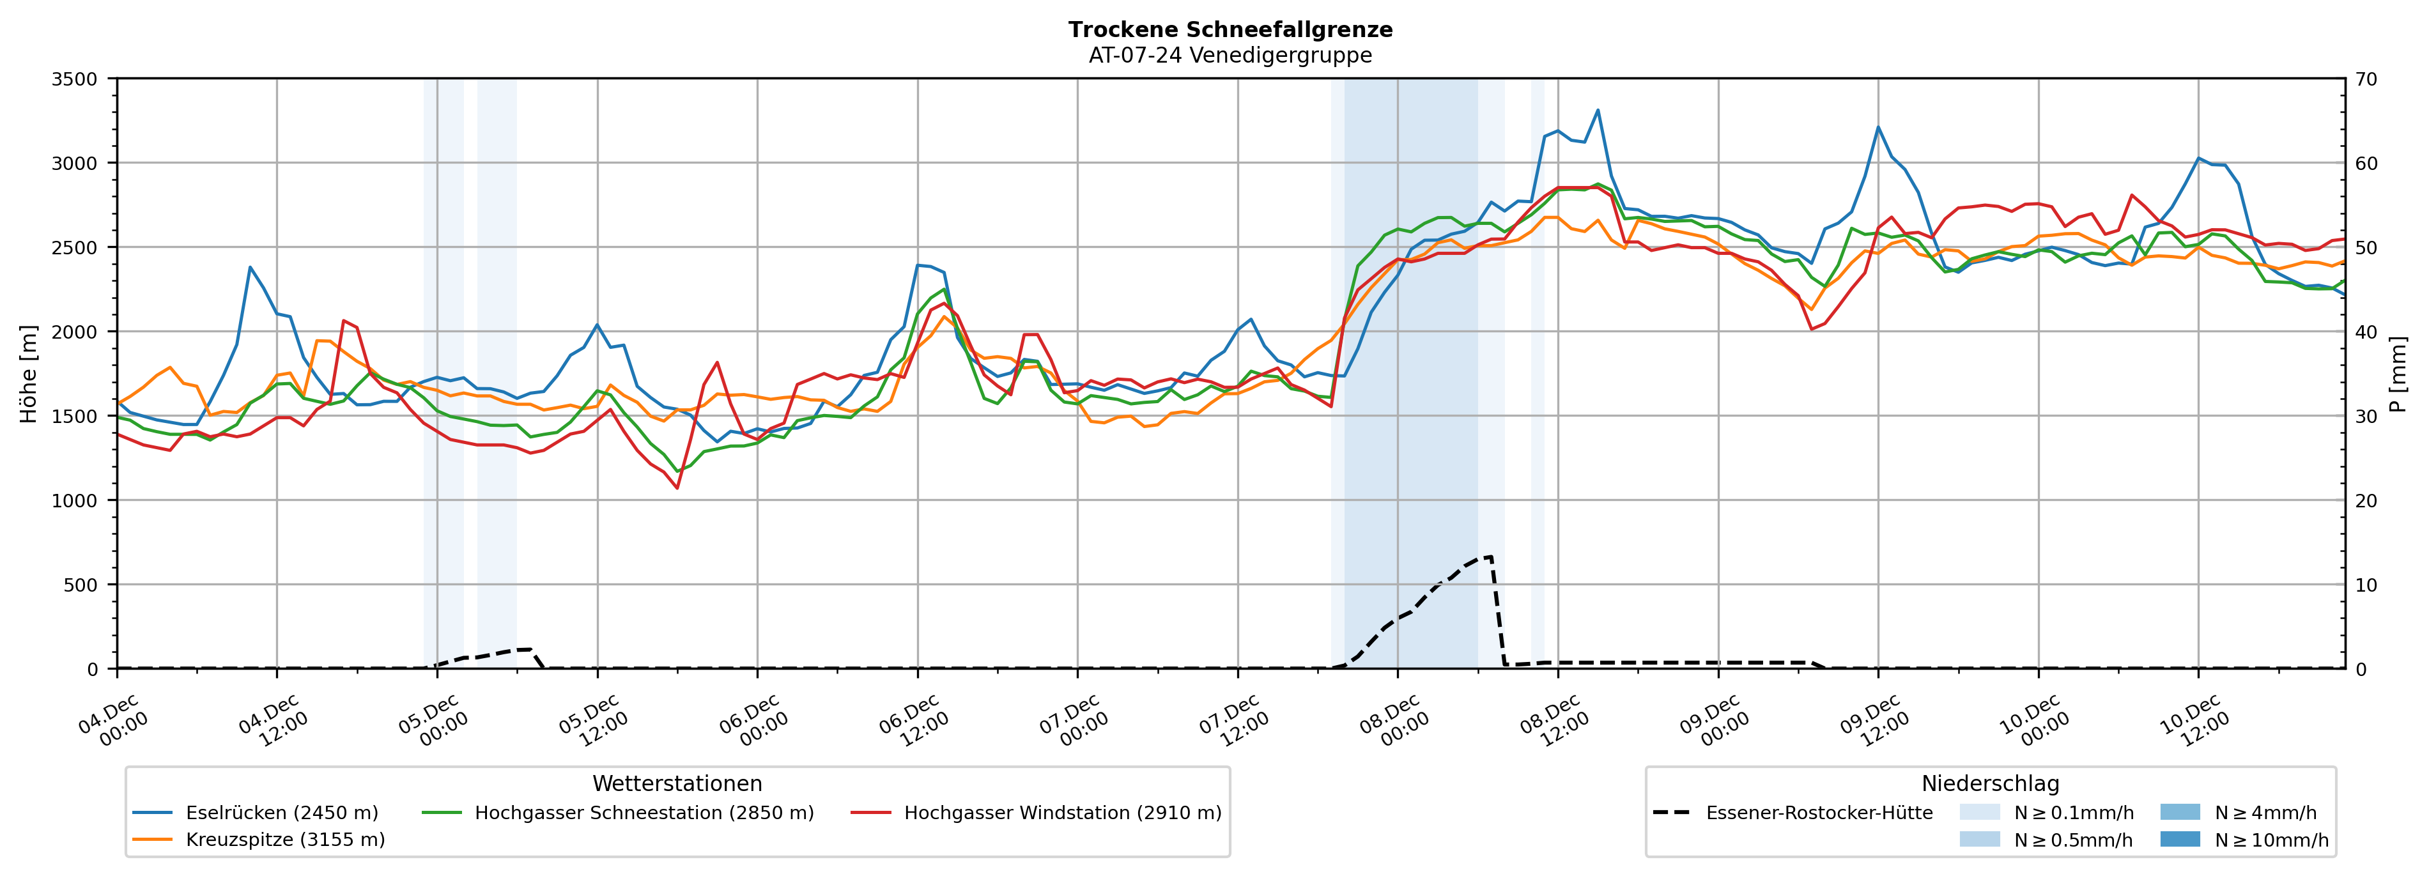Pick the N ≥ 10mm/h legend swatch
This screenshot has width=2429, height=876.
pos(2180,839)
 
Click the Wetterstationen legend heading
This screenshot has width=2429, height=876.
pos(677,783)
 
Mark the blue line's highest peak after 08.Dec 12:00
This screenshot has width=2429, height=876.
pos(1598,111)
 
